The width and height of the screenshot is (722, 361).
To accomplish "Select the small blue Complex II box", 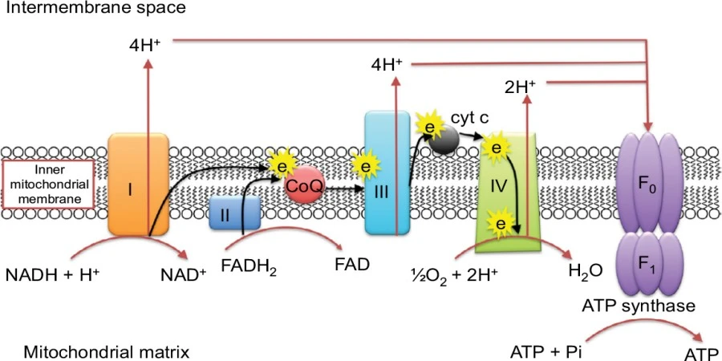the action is [x=235, y=213].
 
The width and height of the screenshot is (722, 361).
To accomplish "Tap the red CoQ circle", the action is [x=304, y=186].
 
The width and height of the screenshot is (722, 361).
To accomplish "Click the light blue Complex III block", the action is [x=387, y=173].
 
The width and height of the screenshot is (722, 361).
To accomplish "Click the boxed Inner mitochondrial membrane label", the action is [x=48, y=185].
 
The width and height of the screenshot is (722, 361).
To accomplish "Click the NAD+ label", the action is [x=183, y=274].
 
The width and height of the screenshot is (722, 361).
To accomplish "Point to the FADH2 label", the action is [x=249, y=268].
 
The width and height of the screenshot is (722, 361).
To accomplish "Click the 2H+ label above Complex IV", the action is [x=520, y=87].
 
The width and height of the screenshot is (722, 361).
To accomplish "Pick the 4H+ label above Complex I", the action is [x=144, y=45].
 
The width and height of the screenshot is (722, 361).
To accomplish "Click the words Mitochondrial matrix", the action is [x=107, y=353].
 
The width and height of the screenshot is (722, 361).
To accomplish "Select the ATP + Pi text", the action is [x=546, y=353].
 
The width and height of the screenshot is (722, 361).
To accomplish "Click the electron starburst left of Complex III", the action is [x=366, y=166].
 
